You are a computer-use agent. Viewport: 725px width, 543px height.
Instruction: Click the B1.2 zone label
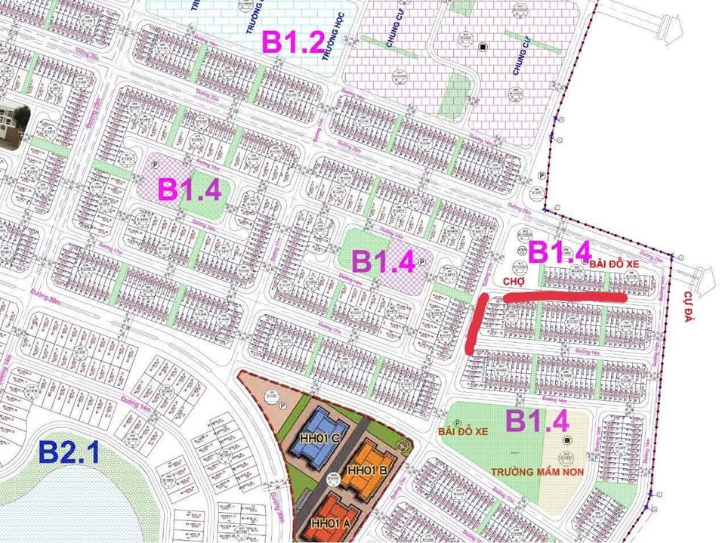click(293, 41)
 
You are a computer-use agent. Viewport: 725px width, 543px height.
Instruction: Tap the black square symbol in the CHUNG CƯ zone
click(482, 48)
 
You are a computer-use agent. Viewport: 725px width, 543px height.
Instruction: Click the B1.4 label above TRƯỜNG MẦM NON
click(536, 421)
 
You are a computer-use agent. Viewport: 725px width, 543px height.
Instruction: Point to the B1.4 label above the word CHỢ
click(559, 251)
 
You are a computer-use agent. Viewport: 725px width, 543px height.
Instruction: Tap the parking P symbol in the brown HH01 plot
click(281, 406)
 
